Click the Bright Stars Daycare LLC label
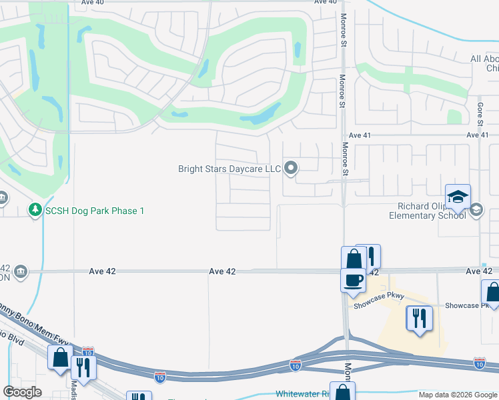[229, 169]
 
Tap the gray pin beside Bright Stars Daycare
[291, 169]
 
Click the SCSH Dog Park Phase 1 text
[95, 211]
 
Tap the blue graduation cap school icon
[458, 197]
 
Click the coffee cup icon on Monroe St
[353, 280]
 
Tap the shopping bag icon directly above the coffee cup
[354, 259]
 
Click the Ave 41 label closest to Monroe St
[359, 135]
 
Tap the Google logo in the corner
[22, 392]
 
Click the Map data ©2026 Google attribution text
[457, 395]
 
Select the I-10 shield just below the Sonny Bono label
[87, 351]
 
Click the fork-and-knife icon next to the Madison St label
[83, 367]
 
